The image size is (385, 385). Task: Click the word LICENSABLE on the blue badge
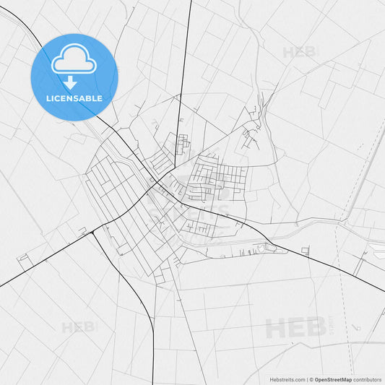(x=73, y=98)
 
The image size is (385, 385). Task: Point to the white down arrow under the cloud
(x=73, y=81)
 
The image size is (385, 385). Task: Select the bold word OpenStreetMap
(x=333, y=379)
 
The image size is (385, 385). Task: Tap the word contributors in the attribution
(x=367, y=379)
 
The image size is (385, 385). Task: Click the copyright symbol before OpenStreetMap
(x=311, y=379)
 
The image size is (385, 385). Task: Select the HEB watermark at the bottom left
(x=77, y=327)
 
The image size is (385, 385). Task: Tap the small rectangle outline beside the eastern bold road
(x=306, y=251)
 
